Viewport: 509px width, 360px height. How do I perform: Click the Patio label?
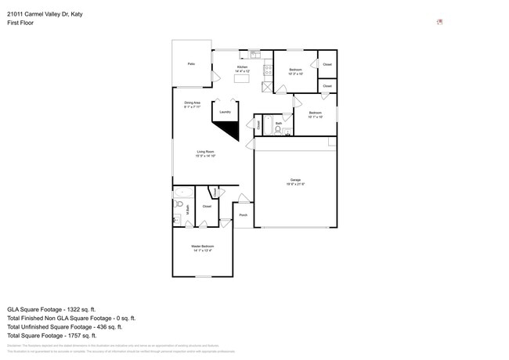pyautogui.click(x=190, y=63)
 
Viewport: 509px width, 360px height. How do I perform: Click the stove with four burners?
pyautogui.click(x=267, y=69)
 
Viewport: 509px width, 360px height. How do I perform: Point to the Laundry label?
pyautogui.click(x=225, y=112)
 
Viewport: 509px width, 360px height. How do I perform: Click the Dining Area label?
pyautogui.click(x=193, y=104)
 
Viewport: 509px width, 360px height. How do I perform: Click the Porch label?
pyautogui.click(x=243, y=214)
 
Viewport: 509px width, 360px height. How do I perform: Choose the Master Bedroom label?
pyautogui.click(x=202, y=248)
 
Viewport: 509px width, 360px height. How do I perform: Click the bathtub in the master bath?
pyautogui.click(x=183, y=193)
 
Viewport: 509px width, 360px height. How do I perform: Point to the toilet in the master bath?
pyautogui.click(x=179, y=204)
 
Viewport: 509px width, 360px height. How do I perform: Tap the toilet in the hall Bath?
pyautogui.click(x=279, y=131)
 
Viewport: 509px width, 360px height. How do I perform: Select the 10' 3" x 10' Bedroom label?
pyautogui.click(x=295, y=72)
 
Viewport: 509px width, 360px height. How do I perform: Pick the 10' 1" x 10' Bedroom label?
pyautogui.click(x=315, y=115)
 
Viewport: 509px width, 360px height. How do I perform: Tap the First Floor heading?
pyautogui.click(x=20, y=23)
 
